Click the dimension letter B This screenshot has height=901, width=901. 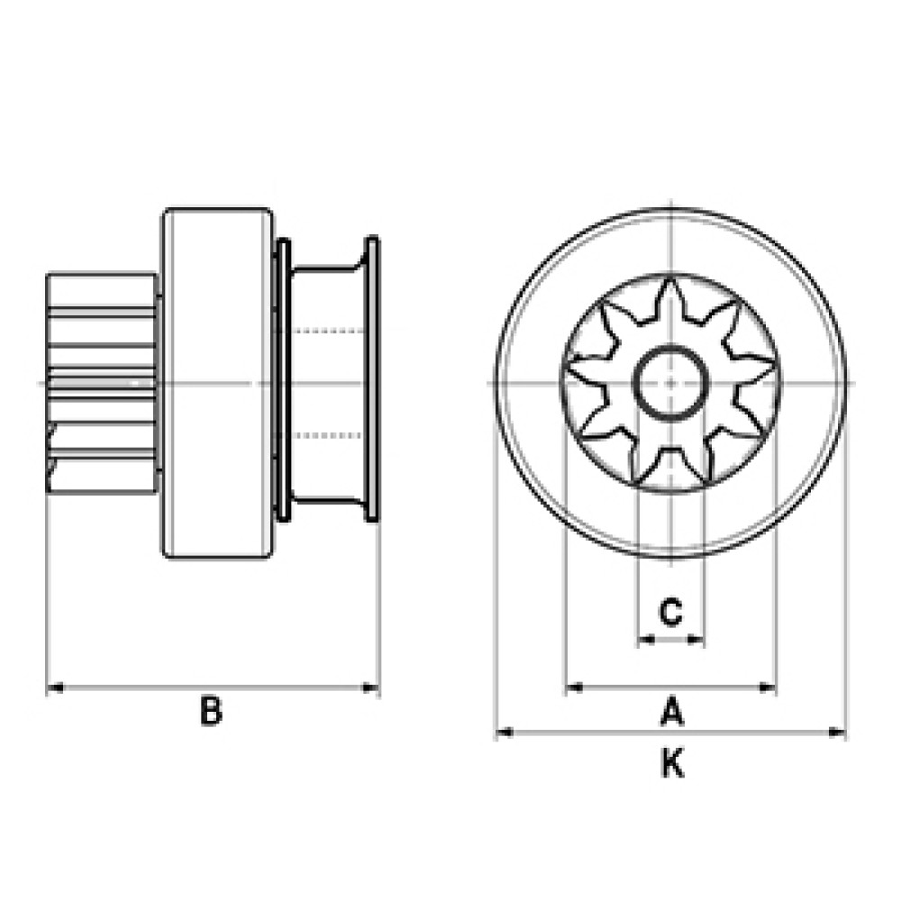pos(211,710)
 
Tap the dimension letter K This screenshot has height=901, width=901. pos(672,764)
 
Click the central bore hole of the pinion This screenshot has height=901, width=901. pos(670,383)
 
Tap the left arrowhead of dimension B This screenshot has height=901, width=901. pos(55,687)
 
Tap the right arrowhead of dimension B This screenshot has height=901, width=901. pos(370,687)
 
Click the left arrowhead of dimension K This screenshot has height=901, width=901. pos(505,732)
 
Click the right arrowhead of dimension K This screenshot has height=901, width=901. pos(837,732)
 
